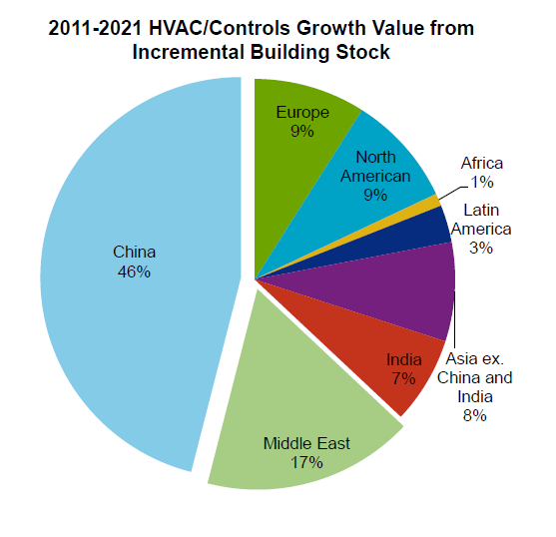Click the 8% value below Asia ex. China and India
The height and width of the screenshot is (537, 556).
[474, 415]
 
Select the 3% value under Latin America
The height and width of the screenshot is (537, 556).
[481, 248]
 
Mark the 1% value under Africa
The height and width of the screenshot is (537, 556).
[482, 182]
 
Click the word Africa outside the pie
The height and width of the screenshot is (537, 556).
[482, 163]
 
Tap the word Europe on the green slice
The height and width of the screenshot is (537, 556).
[302, 112]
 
